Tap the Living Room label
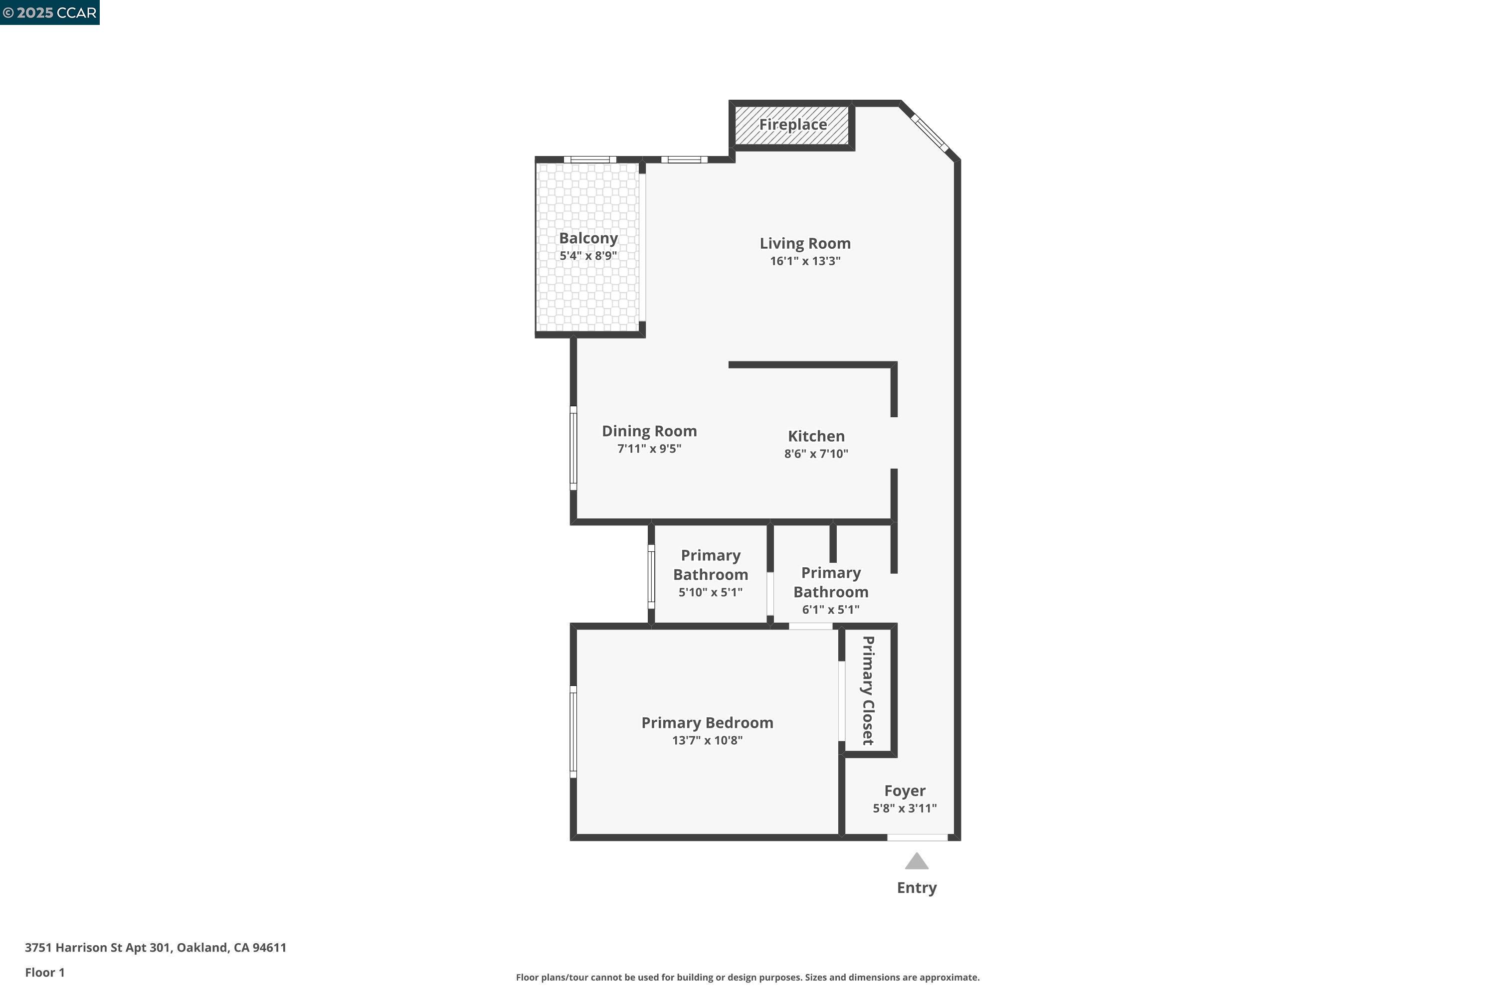coord(805,244)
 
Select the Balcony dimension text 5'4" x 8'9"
coord(588,256)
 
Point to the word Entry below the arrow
coord(917,888)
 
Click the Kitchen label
coord(816,436)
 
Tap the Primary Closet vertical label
coord(868,690)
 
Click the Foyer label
coord(905,791)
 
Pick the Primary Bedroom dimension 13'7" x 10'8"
coord(707,740)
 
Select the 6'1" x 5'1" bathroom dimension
coord(830,610)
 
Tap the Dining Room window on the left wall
coord(573,448)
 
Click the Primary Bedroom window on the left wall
coord(573,731)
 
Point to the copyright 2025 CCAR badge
coord(49,12)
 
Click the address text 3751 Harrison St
coord(155,948)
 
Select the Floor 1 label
coord(44,972)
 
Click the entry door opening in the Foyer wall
coord(917,837)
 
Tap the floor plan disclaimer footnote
coord(748,977)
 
